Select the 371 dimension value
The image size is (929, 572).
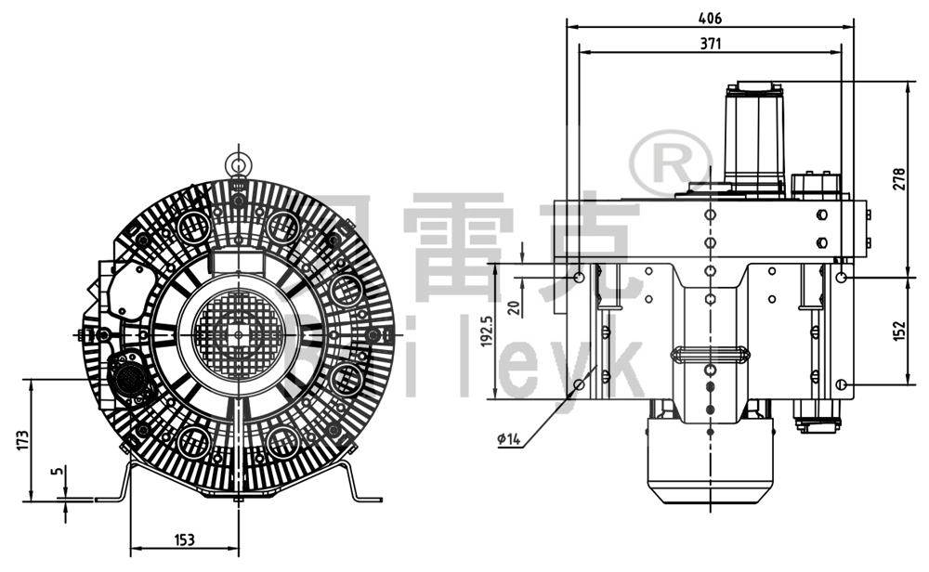[x=710, y=43]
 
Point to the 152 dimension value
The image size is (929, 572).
[x=898, y=331]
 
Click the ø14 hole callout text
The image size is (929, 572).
[x=510, y=437]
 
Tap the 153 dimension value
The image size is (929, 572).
[x=184, y=539]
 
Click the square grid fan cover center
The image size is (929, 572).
[x=239, y=333]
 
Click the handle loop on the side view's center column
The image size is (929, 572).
[x=710, y=354]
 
